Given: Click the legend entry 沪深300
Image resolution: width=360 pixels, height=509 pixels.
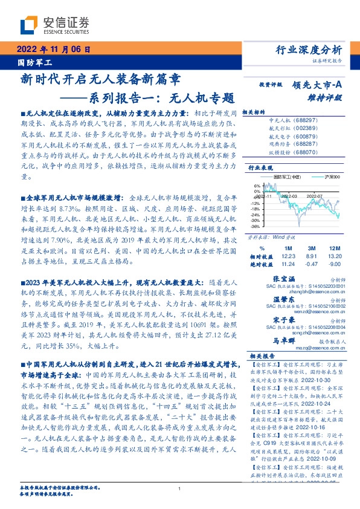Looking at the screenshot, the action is click(329, 177).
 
